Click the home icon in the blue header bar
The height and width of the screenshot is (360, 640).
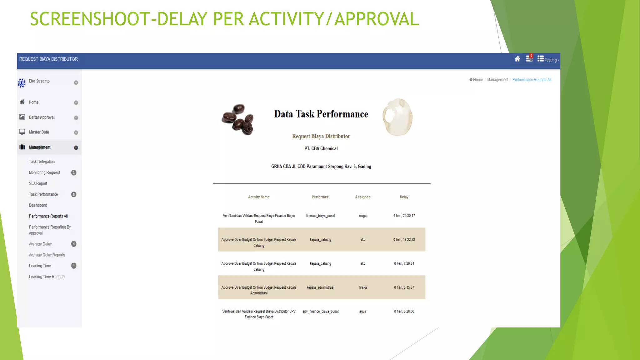click(517, 59)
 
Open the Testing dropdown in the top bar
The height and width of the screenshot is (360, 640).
click(548, 59)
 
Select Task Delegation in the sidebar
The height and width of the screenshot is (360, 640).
click(42, 162)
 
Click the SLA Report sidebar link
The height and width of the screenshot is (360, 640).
click(38, 183)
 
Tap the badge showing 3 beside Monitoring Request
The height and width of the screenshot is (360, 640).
click(74, 172)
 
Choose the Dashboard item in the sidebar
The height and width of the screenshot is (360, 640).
click(38, 205)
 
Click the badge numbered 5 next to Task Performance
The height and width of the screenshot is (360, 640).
click(74, 194)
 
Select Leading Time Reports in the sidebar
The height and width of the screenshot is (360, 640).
click(47, 277)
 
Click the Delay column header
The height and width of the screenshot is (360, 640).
click(404, 197)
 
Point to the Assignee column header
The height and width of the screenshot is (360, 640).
click(363, 197)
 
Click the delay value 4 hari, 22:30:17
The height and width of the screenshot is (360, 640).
click(404, 216)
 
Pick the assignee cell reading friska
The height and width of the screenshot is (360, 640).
click(363, 287)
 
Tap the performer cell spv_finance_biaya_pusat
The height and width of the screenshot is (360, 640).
click(320, 311)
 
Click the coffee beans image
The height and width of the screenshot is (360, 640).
click(238, 119)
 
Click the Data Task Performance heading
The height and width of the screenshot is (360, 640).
click(321, 114)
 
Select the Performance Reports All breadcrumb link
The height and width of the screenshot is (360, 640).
click(532, 80)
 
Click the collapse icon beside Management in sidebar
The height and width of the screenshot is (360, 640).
click(76, 148)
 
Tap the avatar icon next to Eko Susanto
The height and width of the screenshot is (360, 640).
click(22, 83)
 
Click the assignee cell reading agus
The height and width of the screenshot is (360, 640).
click(363, 311)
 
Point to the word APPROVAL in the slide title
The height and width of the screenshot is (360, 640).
click(377, 19)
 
